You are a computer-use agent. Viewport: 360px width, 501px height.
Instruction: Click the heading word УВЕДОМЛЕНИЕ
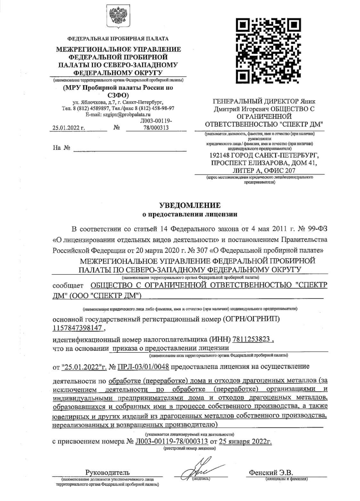tap(190, 205)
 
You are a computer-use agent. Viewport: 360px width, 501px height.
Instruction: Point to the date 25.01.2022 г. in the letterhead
tap(68, 128)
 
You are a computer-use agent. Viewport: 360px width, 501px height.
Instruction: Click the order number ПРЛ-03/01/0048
tap(143, 367)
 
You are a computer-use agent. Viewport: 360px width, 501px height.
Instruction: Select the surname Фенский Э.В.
tap(271, 472)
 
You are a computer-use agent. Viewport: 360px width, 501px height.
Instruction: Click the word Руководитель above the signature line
tap(107, 472)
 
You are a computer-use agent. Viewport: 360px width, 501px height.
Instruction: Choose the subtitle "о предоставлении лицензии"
tap(190, 214)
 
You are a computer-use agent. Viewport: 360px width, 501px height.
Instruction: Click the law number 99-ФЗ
tap(317, 229)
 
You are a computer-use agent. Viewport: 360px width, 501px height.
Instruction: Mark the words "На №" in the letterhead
tap(61, 148)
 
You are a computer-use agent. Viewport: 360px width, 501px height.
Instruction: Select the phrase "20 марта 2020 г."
tap(153, 250)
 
